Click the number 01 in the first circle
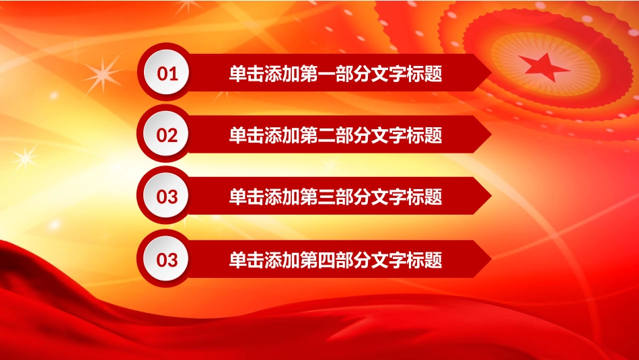167,74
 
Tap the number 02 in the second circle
167,135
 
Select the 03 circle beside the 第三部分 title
167,197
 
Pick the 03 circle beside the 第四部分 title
167,260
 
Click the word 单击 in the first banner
246,74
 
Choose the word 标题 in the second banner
424,135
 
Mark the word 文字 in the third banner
388,197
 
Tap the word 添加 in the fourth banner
282,260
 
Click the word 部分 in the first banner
352,74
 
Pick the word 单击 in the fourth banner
246,260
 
